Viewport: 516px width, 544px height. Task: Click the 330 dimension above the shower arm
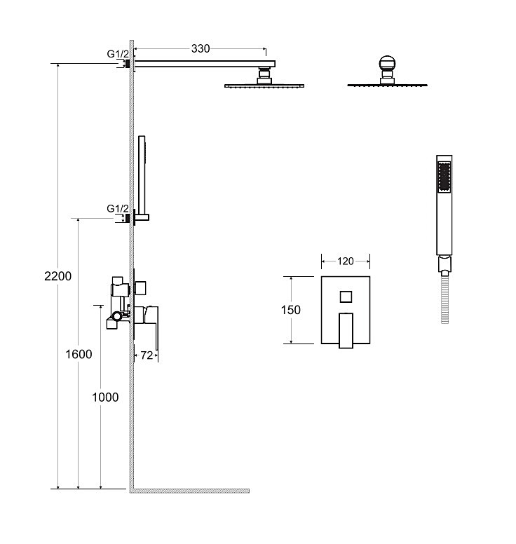(201, 48)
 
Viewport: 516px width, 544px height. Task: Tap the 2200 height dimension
(58, 276)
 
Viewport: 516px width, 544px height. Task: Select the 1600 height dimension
(79, 354)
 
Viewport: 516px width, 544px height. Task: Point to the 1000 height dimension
(105, 397)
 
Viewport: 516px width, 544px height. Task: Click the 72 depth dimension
(147, 355)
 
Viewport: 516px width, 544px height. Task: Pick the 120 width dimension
(345, 261)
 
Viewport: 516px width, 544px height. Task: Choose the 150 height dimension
(291, 310)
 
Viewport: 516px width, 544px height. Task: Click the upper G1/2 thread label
(118, 54)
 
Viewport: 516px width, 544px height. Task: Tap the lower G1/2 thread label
(118, 209)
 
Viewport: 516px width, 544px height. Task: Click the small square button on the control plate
(346, 297)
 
